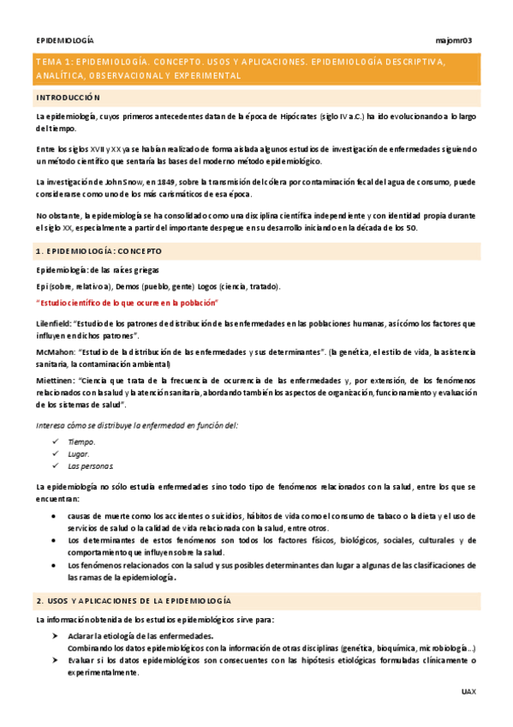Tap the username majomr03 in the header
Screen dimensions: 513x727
click(x=455, y=40)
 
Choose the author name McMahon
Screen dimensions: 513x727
click(x=54, y=351)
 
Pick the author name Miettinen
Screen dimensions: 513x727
click(x=55, y=380)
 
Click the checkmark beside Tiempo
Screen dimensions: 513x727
click(x=55, y=442)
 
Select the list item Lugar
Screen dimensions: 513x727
click(x=79, y=454)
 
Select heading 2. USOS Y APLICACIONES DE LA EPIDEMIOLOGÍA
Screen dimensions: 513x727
click(x=134, y=600)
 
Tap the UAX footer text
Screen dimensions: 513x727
click(x=468, y=691)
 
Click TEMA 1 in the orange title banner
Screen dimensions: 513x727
click(x=54, y=62)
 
